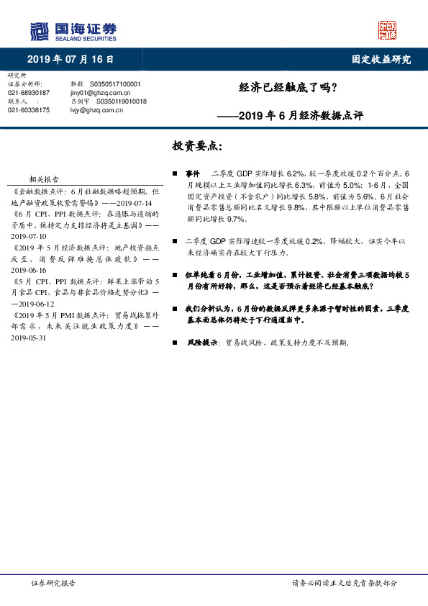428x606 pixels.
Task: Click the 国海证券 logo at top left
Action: [x=73, y=31]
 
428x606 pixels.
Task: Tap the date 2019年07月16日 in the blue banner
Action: [x=70, y=60]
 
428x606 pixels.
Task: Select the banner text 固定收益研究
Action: [x=381, y=60]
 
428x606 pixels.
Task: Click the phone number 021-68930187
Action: [x=28, y=93]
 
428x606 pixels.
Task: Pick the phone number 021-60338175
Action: [x=28, y=110]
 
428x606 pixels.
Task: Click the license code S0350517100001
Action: [x=119, y=84]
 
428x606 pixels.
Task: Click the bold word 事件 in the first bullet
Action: [x=192, y=174]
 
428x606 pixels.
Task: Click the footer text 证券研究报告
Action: [x=53, y=583]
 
